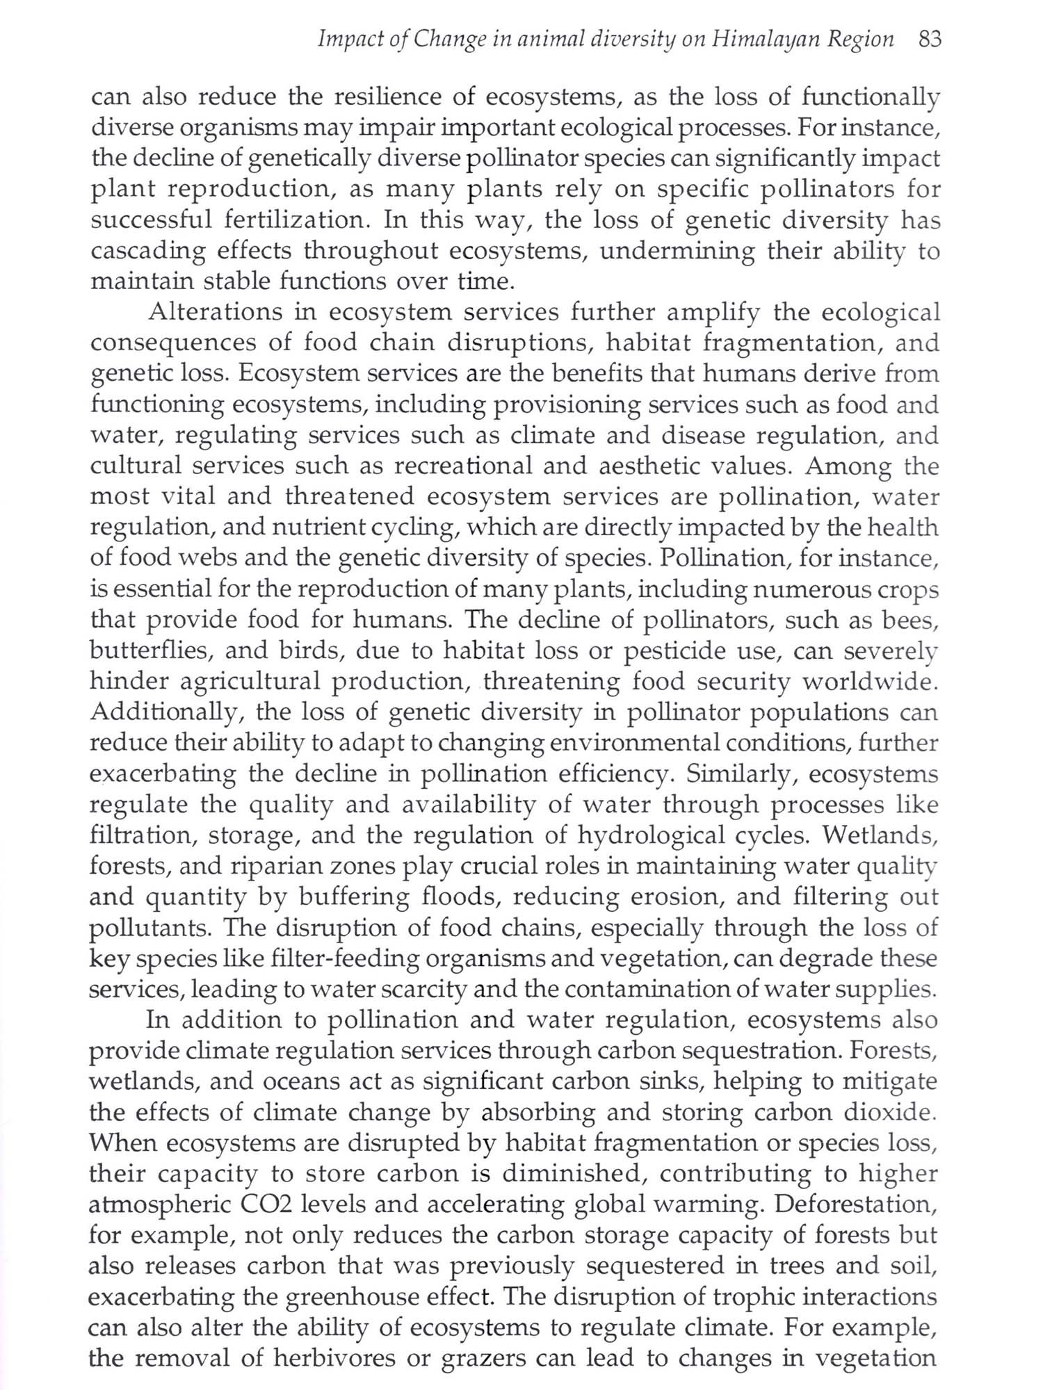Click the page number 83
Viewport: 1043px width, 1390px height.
[929, 40]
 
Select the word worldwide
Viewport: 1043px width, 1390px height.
[870, 682]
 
